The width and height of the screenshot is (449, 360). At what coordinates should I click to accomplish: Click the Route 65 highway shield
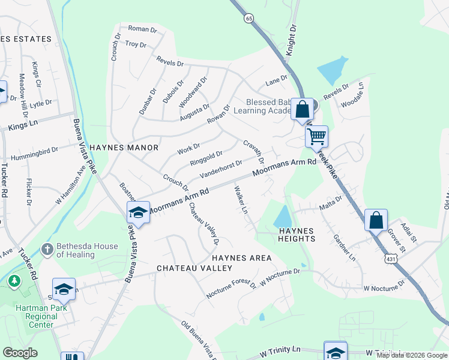249,19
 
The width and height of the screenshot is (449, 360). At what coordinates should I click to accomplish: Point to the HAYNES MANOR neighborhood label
124,147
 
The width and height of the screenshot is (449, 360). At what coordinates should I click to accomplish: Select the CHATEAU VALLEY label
194,268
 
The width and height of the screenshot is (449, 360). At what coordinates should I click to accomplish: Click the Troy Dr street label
136,44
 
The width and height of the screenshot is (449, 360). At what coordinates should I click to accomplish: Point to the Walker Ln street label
240,200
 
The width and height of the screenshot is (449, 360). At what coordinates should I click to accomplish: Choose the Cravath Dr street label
253,152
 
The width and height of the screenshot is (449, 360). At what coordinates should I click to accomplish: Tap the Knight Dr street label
291,40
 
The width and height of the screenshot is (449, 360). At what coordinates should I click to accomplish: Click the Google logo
20,353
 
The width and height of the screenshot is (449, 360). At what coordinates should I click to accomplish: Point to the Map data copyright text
412,355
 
